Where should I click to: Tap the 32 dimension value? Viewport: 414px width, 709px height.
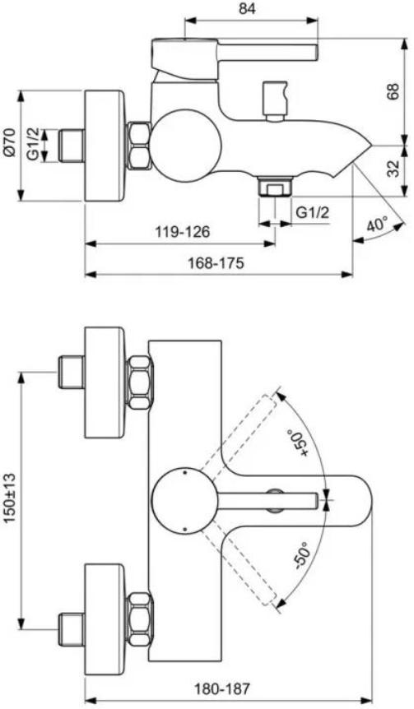(393, 169)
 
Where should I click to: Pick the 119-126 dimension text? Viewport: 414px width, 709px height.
(180, 232)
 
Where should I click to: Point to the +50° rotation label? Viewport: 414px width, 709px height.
(295, 447)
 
